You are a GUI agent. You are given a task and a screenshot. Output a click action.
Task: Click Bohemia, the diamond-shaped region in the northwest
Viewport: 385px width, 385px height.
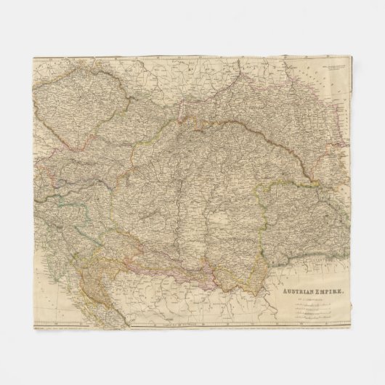click(70, 109)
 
